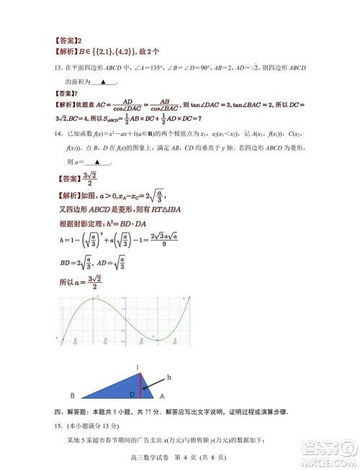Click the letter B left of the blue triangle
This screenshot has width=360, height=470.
(x=72, y=395)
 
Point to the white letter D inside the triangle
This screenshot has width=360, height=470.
(x=131, y=394)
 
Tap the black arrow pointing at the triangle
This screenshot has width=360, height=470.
(x=156, y=382)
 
